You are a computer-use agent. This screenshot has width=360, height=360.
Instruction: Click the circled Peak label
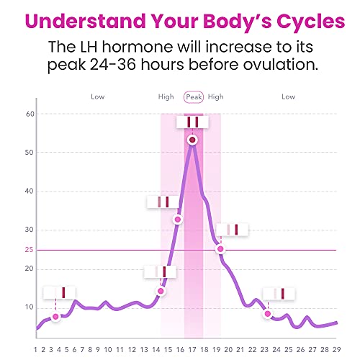point(193,96)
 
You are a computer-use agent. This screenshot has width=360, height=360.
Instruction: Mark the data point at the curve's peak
point(192,140)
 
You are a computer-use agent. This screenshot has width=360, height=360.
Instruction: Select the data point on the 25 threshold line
point(220,248)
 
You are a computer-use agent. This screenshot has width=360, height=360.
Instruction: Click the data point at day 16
point(178,219)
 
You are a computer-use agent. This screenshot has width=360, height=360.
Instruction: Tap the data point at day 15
point(161,291)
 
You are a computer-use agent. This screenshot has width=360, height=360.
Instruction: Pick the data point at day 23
point(268,314)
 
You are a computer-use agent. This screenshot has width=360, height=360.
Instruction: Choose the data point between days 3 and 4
point(55,317)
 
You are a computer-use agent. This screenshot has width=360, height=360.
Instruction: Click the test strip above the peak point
point(192,122)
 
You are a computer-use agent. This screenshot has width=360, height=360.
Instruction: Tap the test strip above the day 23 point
point(279,294)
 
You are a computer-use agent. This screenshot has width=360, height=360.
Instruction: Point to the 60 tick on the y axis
point(30,114)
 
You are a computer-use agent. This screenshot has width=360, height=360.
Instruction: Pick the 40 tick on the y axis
point(30,192)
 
